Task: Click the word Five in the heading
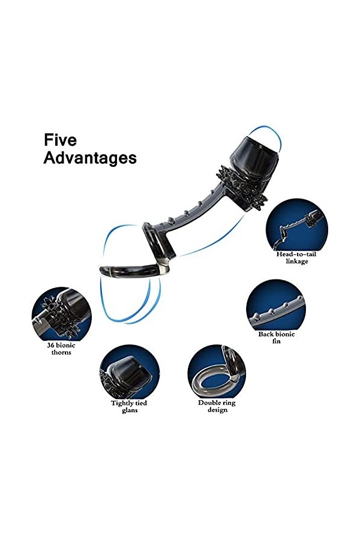[x=61, y=140]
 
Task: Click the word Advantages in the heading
[x=90, y=158]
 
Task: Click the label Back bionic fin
[x=275, y=337]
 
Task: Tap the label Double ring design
[x=217, y=406]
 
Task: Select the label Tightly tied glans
[x=129, y=406]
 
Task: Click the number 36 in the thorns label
[x=52, y=345]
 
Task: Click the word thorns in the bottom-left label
[x=61, y=352]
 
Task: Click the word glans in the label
[x=129, y=410]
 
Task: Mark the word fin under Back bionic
[x=275, y=341]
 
